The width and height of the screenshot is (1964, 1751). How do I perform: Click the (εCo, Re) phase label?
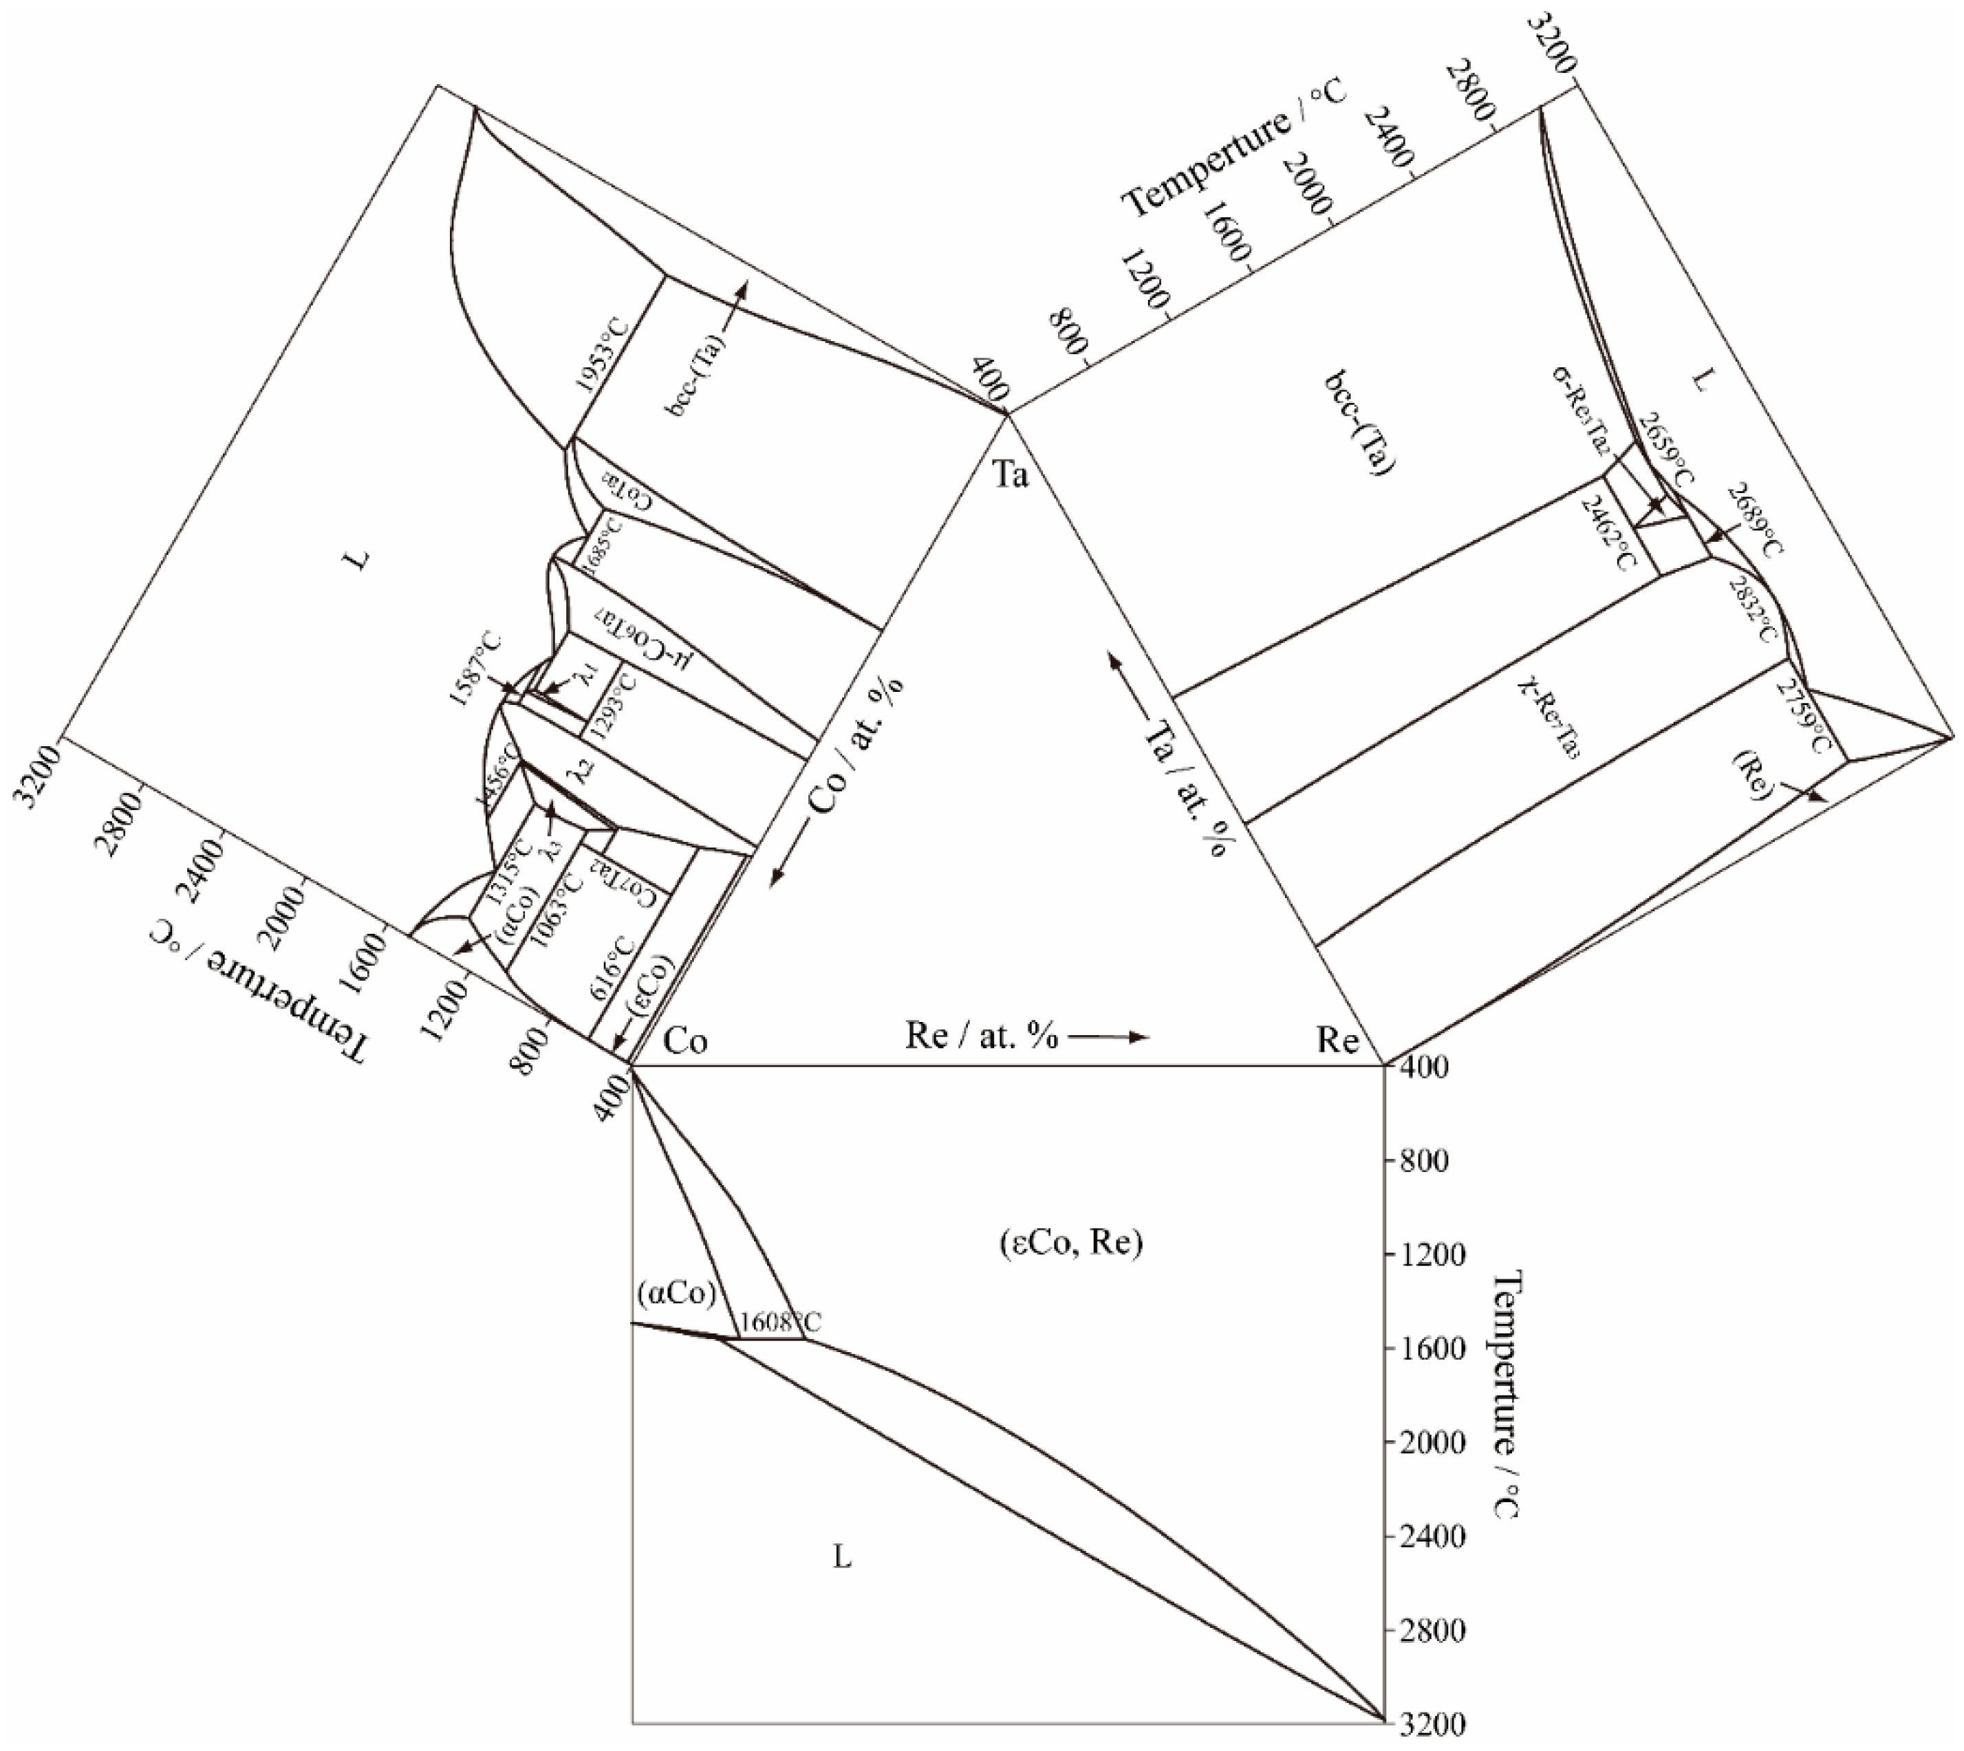click(x=1064, y=1244)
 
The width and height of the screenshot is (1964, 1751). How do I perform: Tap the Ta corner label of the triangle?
click(x=1011, y=475)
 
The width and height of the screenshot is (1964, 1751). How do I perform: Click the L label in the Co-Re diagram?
click(x=842, y=1558)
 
